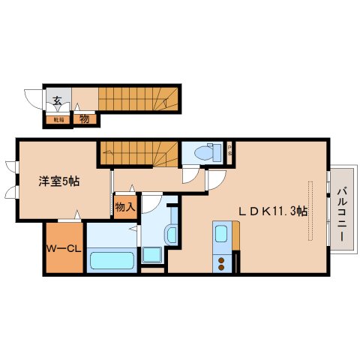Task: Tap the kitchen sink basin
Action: pos(221,235)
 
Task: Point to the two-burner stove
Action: pos(222,262)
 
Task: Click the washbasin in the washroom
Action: pos(172,233)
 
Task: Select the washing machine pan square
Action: pos(152,253)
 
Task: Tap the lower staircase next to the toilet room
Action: pos(139,153)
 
